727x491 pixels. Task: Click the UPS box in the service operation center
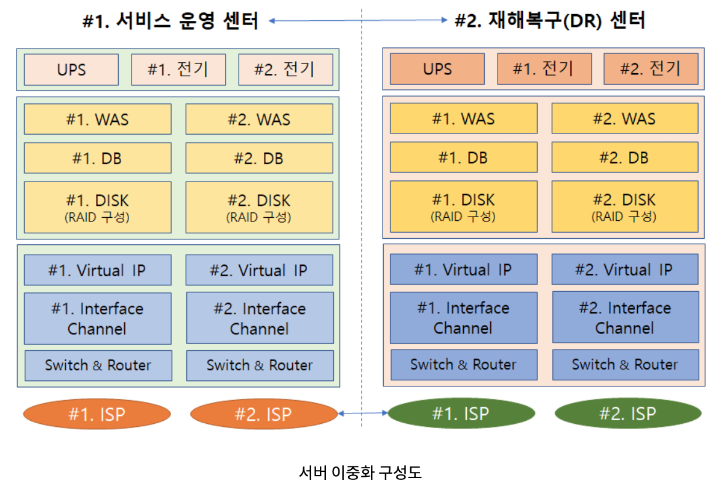pyautogui.click(x=71, y=70)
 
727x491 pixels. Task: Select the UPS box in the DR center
pyautogui.click(x=437, y=69)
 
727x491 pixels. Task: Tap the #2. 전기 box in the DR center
pyautogui.click(x=651, y=68)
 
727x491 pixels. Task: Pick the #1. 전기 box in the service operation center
pyautogui.click(x=178, y=70)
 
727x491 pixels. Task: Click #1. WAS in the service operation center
pyautogui.click(x=97, y=119)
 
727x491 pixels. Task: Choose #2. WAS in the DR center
pyautogui.click(x=625, y=119)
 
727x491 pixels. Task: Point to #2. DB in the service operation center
pyautogui.click(x=259, y=158)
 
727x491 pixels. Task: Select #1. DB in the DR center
pyautogui.click(x=463, y=158)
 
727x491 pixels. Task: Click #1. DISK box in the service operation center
pyautogui.click(x=97, y=207)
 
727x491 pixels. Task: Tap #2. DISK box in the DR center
pyautogui.click(x=625, y=207)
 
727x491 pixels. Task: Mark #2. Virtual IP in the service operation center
pyautogui.click(x=259, y=271)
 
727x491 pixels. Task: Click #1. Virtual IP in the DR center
pyautogui.click(x=463, y=269)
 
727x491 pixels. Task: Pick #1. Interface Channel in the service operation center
pyautogui.click(x=97, y=318)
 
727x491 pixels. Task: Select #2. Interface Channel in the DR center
pyautogui.click(x=625, y=317)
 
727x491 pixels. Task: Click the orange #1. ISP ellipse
pyautogui.click(x=97, y=415)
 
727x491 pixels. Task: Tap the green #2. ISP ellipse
pyautogui.click(x=627, y=414)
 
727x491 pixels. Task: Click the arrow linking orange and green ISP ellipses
pyautogui.click(x=363, y=414)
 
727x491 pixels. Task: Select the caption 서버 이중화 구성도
pyautogui.click(x=360, y=473)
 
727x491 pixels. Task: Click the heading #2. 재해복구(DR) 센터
pyautogui.click(x=549, y=21)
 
